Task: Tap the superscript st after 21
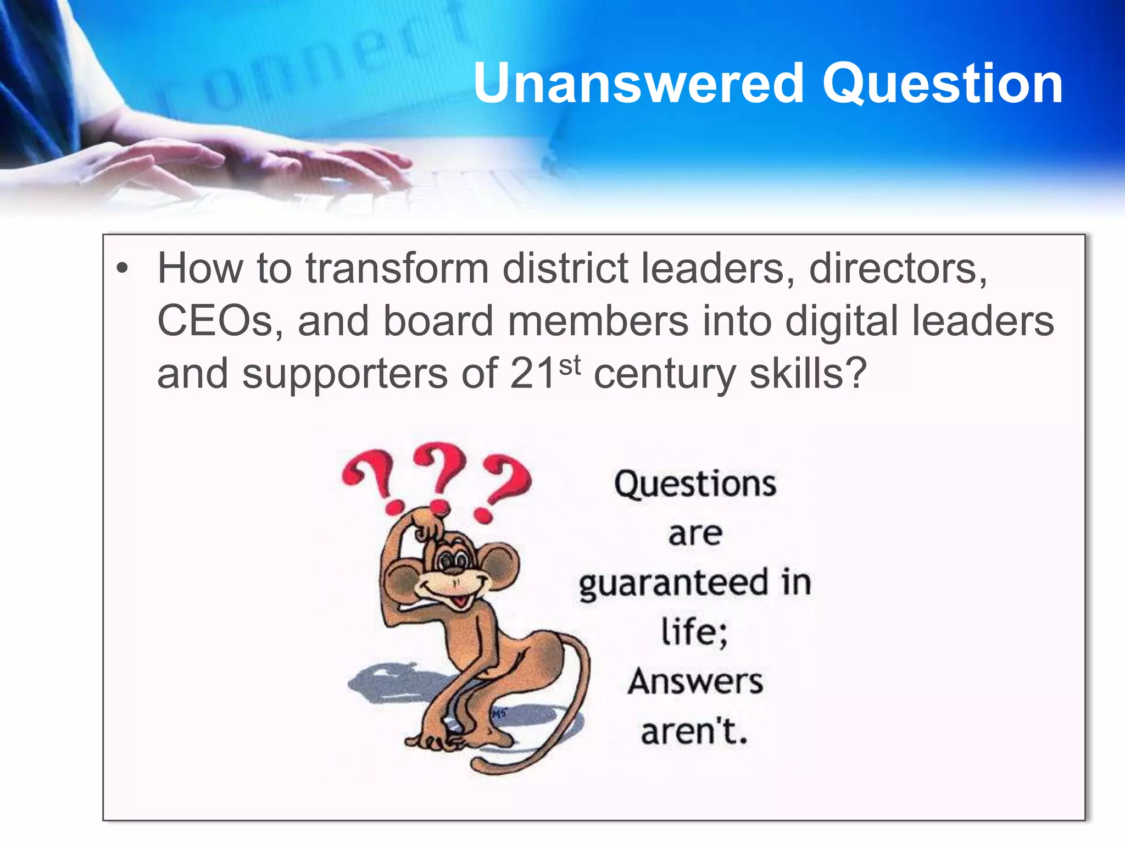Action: (570, 365)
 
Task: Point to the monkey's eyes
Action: (454, 561)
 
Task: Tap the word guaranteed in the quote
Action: (673, 584)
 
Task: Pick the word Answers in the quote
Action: (695, 682)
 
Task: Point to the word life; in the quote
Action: (694, 632)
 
